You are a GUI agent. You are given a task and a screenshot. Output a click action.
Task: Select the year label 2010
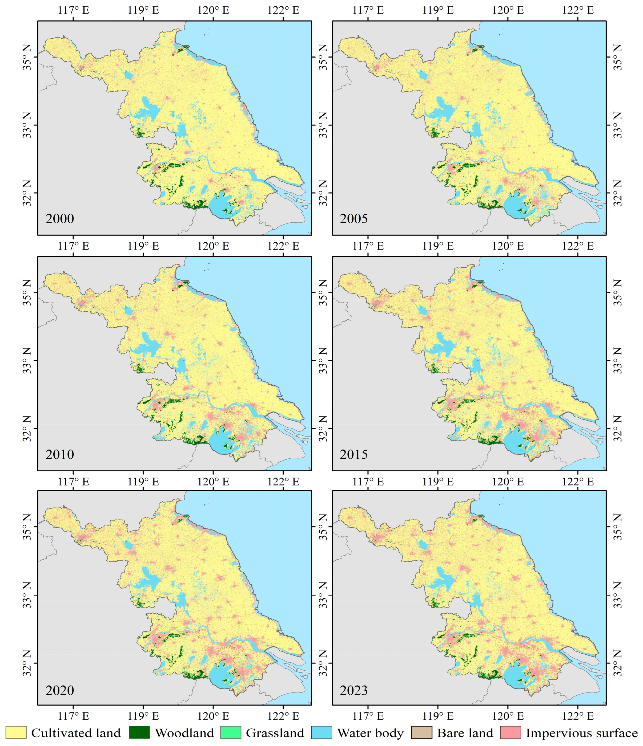pyautogui.click(x=60, y=454)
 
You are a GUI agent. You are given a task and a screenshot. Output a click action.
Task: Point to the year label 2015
pyautogui.click(x=353, y=454)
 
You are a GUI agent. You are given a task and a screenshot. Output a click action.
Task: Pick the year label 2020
pyautogui.click(x=60, y=690)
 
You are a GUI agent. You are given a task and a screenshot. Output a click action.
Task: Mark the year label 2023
pyautogui.click(x=353, y=690)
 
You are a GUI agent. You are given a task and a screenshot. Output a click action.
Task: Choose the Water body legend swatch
pyautogui.click(x=321, y=733)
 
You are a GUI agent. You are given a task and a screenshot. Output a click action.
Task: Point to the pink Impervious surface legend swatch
pyautogui.click(x=510, y=733)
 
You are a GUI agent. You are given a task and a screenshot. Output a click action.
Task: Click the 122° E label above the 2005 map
pyautogui.click(x=578, y=10)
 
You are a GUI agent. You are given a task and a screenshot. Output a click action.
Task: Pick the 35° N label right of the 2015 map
pyautogui.click(x=617, y=292)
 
